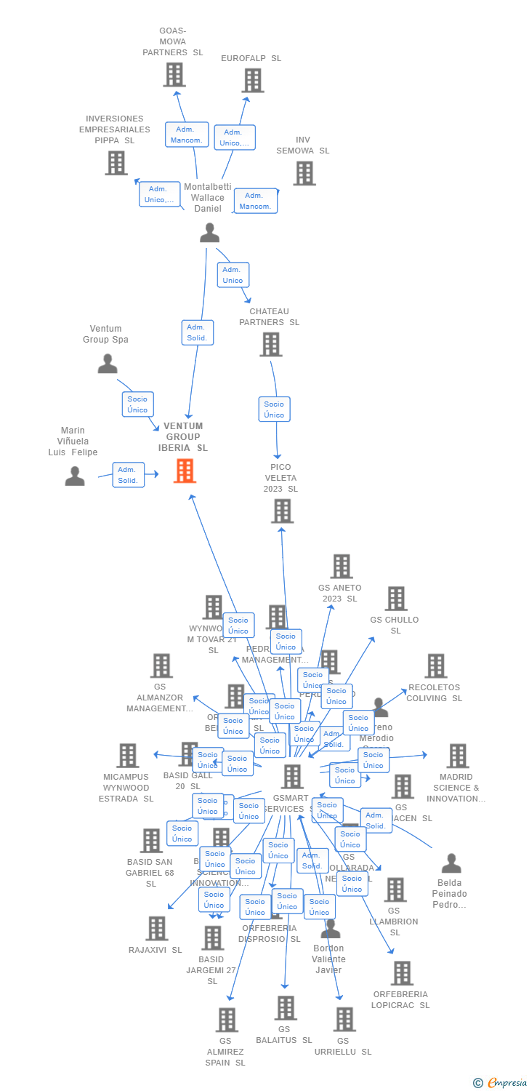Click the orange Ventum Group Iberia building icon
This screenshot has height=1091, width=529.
coord(185,471)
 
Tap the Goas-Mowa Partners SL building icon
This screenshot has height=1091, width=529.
coord(174,74)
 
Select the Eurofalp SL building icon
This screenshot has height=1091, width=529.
coord(252,80)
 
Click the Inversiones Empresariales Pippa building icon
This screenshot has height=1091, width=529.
coord(116,163)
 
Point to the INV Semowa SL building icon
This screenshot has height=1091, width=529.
coord(304,173)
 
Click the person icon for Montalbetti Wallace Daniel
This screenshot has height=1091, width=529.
coord(209,233)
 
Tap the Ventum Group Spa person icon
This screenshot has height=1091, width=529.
coord(108,363)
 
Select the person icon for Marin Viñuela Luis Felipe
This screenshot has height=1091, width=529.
coord(75,476)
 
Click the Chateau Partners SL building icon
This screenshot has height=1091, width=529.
coord(270,344)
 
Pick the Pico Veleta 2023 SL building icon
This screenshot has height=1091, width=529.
coord(281,511)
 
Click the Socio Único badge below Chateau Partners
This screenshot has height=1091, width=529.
coord(274,409)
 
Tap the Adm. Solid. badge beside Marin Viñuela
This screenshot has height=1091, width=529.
coord(128,475)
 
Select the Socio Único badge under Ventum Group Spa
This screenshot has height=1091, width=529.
coord(137,404)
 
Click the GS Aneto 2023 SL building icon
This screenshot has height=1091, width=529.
coord(341,566)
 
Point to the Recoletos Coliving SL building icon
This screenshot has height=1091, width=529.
coord(435,666)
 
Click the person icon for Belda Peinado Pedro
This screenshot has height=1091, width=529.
coord(451,863)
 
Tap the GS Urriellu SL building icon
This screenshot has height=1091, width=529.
coord(344,1019)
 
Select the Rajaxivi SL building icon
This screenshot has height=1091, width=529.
coord(156,928)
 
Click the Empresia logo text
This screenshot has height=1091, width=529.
coord(506,1083)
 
